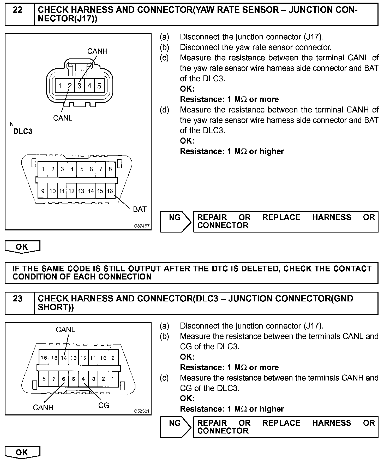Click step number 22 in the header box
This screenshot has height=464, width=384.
pos(18,10)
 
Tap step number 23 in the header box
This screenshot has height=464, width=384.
pos(18,299)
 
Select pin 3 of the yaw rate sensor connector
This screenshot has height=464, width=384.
pos(79,86)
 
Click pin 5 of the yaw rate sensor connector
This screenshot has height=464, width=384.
pos(99,86)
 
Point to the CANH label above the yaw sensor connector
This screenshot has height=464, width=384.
pos(97,51)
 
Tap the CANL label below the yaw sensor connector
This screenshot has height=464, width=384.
pos(63,118)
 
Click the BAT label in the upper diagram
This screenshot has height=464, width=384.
pos(140,209)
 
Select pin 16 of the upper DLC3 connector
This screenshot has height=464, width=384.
pos(110,191)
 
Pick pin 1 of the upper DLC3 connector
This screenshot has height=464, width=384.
pos(43,169)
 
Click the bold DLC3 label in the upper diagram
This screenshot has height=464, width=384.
pos(23,131)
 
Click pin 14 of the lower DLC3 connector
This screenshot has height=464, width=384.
pos(64,358)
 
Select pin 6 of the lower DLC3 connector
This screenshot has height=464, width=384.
pos(64,379)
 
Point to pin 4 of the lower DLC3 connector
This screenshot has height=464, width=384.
pos(83,379)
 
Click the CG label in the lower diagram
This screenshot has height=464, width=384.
pos(104,405)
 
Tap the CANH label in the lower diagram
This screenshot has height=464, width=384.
pos(43,407)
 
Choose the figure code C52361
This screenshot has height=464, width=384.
pos(142,411)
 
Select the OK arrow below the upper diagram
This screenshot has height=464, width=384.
pos(22,247)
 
